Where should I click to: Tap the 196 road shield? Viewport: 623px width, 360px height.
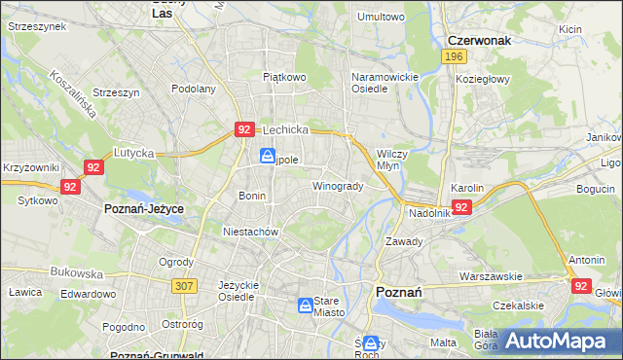click(452, 58)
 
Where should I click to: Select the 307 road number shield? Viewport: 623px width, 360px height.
click(183, 285)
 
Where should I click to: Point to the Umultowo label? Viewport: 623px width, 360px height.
click(381, 17)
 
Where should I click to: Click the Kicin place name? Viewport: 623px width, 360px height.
click(570, 29)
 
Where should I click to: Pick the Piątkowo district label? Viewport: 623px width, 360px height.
click(284, 75)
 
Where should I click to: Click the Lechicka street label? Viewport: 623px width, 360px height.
click(284, 129)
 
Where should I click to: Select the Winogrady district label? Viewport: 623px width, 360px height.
click(337, 186)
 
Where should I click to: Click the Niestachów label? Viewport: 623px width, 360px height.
click(251, 233)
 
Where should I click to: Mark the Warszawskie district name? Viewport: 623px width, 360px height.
click(492, 276)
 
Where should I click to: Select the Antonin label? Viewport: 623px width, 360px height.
click(587, 260)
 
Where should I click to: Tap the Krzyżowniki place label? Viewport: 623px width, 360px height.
click(31, 168)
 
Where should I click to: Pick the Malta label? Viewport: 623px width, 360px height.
click(443, 342)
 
